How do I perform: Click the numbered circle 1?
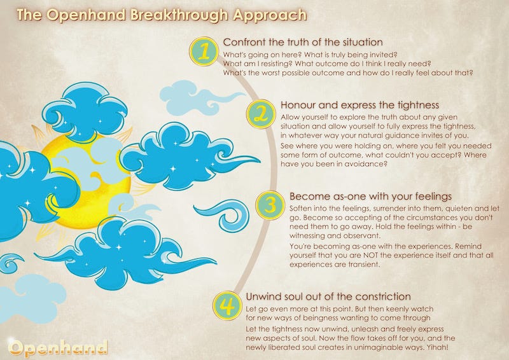pyautogui.click(x=204, y=52)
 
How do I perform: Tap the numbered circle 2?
pyautogui.click(x=261, y=114)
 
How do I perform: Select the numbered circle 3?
pyautogui.click(x=270, y=205)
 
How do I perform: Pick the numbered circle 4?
pyautogui.click(x=227, y=306)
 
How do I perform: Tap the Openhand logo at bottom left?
pyautogui.click(x=58, y=347)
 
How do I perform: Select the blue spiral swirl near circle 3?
pyautogui.click(x=223, y=215)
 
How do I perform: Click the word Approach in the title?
pyautogui.click(x=270, y=15)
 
